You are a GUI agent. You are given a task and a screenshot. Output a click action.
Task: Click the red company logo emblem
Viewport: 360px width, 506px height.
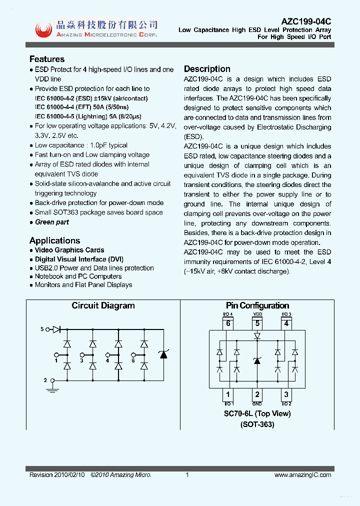click(43, 30)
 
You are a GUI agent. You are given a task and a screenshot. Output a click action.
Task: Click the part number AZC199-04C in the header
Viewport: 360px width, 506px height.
click(306, 21)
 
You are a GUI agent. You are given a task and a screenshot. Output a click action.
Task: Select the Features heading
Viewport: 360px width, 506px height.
click(47, 59)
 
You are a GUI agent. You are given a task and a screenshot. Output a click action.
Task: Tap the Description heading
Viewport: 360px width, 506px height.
click(207, 69)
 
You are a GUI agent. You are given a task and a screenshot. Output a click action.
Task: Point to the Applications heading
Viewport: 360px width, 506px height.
click(54, 240)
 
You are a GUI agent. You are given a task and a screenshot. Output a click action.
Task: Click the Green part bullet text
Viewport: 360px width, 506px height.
click(52, 222)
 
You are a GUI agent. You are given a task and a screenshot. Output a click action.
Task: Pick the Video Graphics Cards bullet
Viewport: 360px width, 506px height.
click(69, 250)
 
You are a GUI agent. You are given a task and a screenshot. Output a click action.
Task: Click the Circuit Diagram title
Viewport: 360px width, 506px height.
click(103, 305)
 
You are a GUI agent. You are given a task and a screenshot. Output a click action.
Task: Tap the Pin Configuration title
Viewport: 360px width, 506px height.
click(257, 305)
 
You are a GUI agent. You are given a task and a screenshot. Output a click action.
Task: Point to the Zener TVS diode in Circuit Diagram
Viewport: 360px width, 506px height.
click(162, 354)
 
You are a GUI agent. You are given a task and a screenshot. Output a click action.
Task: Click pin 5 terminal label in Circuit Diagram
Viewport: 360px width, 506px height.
click(42, 329)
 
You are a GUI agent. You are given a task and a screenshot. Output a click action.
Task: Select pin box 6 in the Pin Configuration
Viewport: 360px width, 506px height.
click(227, 323)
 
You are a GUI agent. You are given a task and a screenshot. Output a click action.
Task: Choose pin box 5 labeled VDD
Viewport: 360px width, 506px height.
click(257, 323)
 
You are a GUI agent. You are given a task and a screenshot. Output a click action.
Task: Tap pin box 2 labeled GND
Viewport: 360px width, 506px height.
click(257, 394)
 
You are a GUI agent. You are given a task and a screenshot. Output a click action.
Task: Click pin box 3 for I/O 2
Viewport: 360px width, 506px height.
click(286, 394)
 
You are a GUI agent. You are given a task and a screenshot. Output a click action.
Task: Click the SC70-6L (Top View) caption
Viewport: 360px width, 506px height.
click(257, 413)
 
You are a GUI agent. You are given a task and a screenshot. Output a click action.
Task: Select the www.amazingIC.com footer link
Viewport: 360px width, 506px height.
click(302, 475)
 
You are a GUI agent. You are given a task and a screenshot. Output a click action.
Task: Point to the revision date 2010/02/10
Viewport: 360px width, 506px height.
click(71, 475)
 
